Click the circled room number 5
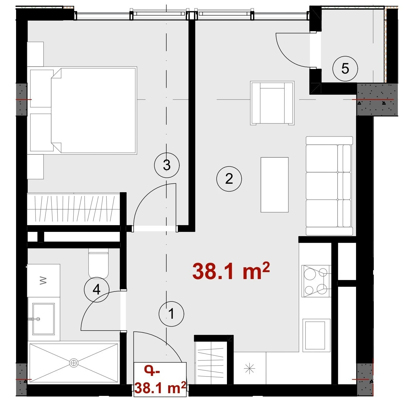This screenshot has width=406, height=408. point(345,69)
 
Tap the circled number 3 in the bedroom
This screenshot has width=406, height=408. point(167,165)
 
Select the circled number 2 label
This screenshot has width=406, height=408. point(229,179)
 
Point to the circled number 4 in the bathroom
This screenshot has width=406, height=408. point(96,289)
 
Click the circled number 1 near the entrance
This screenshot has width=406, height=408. point(171,314)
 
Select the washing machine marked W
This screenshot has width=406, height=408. point(44,280)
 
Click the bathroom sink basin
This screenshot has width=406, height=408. point(43,319)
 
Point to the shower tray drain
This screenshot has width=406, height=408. point(74,363)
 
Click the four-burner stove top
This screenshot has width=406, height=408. point(316,281)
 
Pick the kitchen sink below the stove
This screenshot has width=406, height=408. point(316,335)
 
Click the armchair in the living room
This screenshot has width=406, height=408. point(272,103)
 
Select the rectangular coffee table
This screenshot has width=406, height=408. point(274,185)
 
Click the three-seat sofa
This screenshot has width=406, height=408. point(329,186)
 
